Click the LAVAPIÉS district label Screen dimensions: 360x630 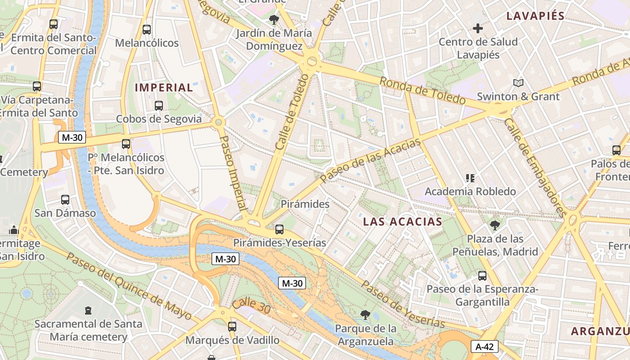[535, 16]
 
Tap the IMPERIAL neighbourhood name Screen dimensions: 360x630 [164, 88]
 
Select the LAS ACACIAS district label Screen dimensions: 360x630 [402, 221]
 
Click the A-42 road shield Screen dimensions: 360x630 [485, 346]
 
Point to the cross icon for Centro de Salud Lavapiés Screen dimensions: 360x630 [478, 28]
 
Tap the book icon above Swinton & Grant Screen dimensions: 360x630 [518, 83]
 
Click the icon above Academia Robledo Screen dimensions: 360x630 [470, 178]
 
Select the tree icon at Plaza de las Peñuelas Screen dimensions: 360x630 [495, 225]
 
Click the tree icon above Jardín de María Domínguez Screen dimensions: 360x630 [274, 19]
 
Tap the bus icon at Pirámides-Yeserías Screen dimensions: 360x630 [279, 229]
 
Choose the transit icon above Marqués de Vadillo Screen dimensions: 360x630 [232, 326]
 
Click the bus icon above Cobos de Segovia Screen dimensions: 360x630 [159, 106]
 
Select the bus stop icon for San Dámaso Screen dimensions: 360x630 [65, 199]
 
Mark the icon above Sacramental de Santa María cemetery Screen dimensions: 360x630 [88, 310]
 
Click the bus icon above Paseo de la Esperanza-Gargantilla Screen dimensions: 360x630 [482, 275]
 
